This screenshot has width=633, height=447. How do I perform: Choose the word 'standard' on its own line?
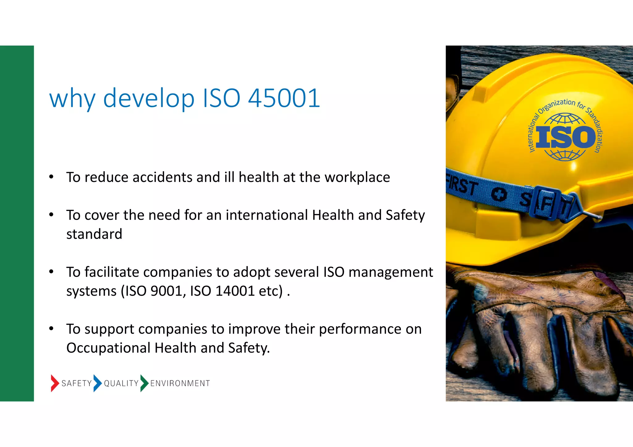94,234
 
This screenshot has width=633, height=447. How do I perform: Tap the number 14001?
235,291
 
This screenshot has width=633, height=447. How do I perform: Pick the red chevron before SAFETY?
54,383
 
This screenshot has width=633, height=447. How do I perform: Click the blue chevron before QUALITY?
97,383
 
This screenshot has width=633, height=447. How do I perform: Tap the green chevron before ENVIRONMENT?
144,383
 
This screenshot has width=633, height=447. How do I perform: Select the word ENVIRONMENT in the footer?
180,383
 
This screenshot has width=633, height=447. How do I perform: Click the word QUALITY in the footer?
121,383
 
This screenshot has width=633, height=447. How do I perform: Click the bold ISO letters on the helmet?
565,137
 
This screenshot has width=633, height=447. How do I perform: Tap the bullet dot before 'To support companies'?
51,328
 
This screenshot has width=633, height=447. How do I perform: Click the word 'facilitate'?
112,272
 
